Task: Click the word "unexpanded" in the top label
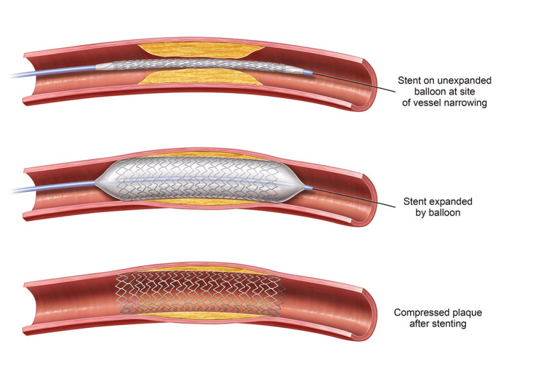click(x=464, y=81)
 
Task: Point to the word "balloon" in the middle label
click(x=443, y=213)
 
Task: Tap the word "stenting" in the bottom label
click(x=450, y=324)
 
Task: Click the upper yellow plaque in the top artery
click(x=201, y=50)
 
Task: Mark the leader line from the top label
click(x=353, y=82)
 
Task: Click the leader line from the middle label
click(x=353, y=197)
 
